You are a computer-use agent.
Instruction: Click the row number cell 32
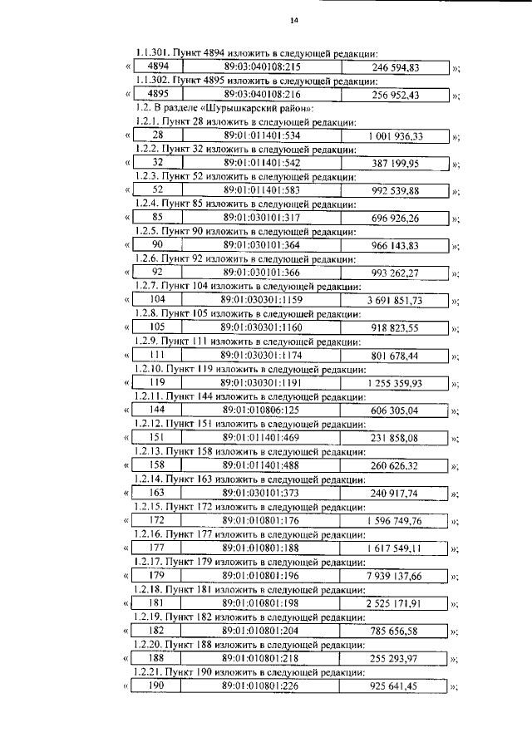click(157, 163)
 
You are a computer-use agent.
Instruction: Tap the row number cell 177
click(157, 547)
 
